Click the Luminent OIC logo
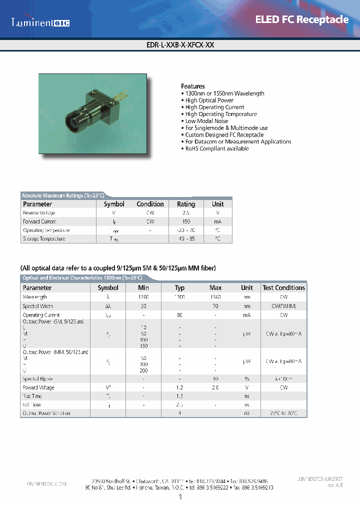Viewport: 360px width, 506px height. (x=40, y=22)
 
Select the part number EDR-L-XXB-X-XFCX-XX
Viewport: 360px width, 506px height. (x=179, y=44)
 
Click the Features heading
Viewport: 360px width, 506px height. (x=192, y=86)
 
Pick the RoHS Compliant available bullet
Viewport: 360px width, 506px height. (x=216, y=149)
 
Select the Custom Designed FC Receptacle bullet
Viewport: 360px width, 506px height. (x=224, y=135)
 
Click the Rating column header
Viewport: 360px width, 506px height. (x=186, y=204)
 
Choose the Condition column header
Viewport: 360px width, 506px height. (x=150, y=204)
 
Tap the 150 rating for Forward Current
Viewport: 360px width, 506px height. (x=186, y=221)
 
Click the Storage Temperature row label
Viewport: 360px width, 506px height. (x=44, y=239)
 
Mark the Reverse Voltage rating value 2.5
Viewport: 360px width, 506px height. (x=186, y=212)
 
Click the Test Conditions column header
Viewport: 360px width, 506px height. (x=283, y=288)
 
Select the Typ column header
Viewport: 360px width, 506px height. (x=179, y=288)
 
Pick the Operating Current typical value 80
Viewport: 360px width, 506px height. (x=179, y=315)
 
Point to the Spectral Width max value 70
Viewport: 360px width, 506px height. (x=215, y=306)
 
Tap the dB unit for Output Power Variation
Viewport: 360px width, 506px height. (x=247, y=413)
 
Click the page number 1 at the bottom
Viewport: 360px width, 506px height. (x=180, y=497)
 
